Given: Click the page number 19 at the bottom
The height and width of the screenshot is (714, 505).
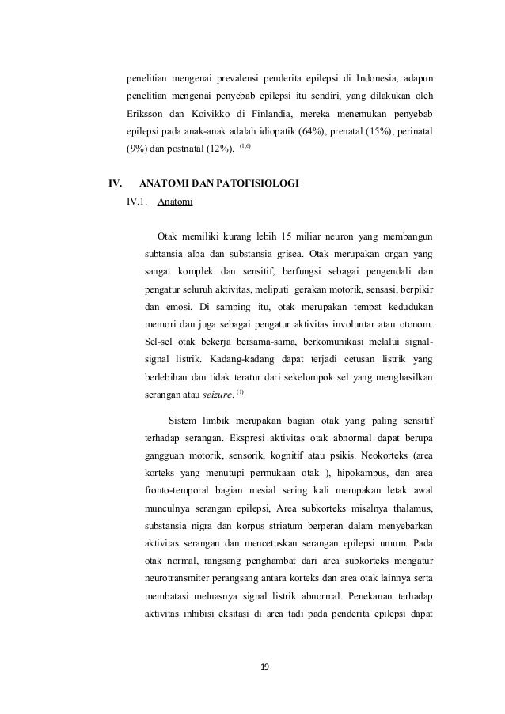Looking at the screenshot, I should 265,668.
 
